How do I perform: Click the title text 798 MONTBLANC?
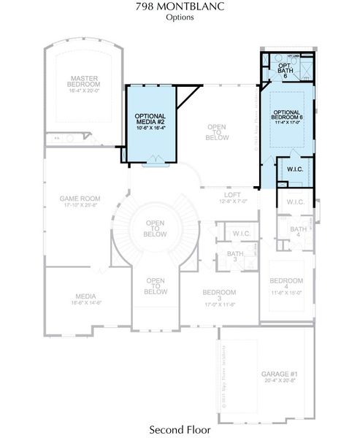tap(180, 7)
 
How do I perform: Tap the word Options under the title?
tap(180, 17)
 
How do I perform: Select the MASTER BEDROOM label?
tap(85, 81)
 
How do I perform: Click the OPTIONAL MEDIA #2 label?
tap(150, 119)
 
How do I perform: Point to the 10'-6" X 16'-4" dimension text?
tap(150, 128)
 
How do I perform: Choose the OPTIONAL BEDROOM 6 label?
tap(288, 115)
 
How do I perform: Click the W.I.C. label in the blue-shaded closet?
tap(295, 169)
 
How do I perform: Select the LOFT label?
tap(232, 195)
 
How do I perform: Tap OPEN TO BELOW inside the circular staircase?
tap(155, 228)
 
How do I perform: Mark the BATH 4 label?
tap(298, 233)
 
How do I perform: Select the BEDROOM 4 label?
tap(286, 284)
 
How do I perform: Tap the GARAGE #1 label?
tap(278, 374)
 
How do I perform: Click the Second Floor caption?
tap(180, 429)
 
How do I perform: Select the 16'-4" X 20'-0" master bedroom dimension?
tap(85, 90)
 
